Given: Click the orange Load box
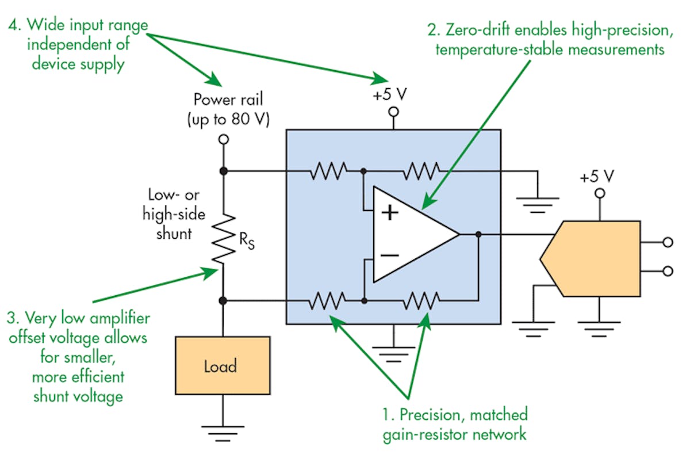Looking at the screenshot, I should (x=222, y=365).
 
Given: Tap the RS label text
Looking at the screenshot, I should (x=247, y=241).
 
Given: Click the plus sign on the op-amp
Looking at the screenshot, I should (x=390, y=213).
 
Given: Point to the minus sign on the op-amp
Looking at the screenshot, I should (x=390, y=254).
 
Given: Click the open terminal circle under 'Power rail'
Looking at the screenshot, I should (x=224, y=140).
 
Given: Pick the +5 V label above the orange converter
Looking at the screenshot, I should (x=599, y=177).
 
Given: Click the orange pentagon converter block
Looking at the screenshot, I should (x=592, y=258).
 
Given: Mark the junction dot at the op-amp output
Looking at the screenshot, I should (x=478, y=234).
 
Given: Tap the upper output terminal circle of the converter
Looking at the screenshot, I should (x=667, y=242).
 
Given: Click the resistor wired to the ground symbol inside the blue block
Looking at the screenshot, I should (x=421, y=171).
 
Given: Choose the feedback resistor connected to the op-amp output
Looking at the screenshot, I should (x=421, y=300).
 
